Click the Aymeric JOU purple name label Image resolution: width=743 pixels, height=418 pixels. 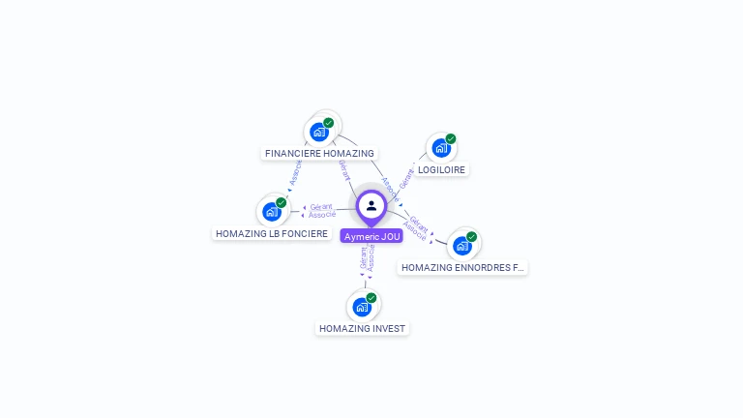371,236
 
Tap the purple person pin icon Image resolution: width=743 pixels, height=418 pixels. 371,206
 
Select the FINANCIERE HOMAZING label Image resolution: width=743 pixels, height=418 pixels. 319,153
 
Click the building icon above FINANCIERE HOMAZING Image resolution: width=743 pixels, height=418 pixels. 318,132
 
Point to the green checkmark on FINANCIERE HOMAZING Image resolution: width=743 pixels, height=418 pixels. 329,123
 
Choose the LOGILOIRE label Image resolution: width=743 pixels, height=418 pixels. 441,169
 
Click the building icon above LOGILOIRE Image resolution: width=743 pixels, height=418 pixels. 440,148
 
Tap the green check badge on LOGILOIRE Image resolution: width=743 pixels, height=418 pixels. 451,138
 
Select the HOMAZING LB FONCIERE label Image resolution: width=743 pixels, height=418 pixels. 272,233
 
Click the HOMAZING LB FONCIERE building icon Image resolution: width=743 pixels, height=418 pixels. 271,212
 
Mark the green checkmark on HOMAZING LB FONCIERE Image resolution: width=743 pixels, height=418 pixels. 282,202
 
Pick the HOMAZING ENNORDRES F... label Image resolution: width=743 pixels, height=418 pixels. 462,267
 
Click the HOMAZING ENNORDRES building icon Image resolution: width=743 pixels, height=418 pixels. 461,246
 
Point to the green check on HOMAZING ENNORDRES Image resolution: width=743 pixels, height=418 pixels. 472,236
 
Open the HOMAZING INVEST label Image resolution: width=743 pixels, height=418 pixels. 363,328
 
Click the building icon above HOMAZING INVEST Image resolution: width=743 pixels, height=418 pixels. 362,308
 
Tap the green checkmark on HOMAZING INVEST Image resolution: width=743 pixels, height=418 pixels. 371,298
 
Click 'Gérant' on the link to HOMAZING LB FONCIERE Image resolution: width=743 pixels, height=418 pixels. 322,207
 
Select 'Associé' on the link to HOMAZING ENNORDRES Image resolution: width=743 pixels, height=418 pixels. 414,230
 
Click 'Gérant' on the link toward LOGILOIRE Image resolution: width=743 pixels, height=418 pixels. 407,177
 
